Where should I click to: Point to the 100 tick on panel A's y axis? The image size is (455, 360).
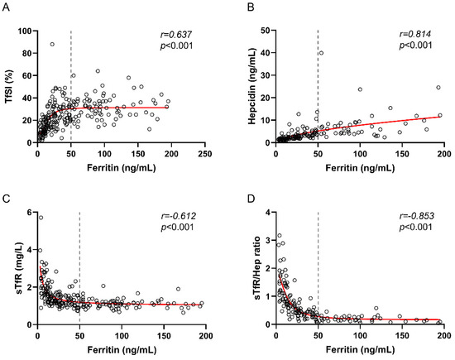tap(25, 31)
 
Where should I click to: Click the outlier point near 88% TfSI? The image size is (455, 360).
tap(52, 45)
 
